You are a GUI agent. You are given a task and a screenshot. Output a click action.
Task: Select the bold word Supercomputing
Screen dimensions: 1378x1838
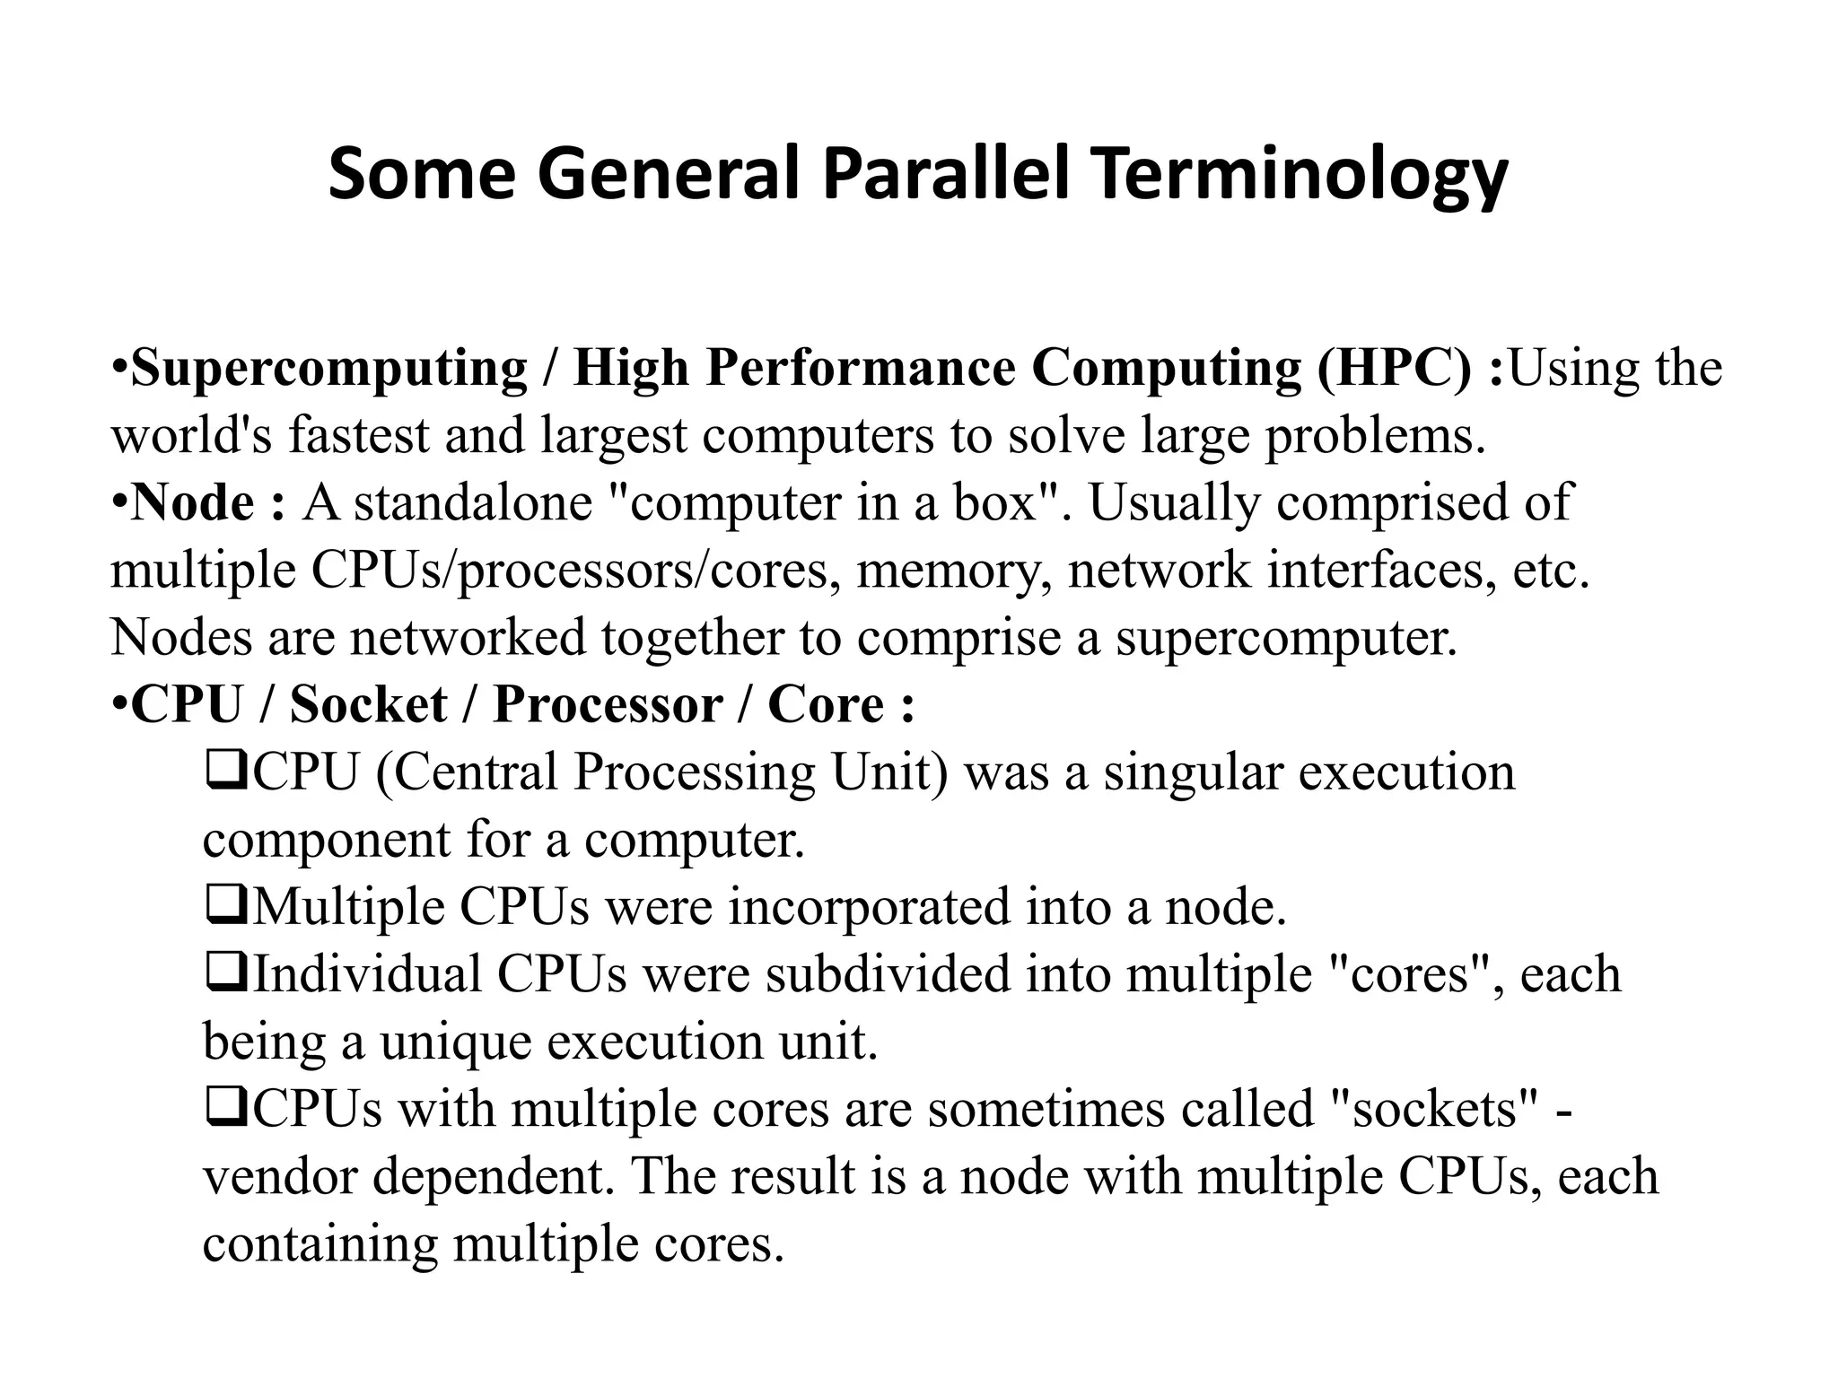[329, 368]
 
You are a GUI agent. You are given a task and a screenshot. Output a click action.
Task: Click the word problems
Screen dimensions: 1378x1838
[1375, 437]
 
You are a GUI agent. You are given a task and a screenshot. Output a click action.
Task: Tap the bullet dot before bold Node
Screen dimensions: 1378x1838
[119, 502]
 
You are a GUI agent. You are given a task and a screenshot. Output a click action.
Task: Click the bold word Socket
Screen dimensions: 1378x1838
[368, 704]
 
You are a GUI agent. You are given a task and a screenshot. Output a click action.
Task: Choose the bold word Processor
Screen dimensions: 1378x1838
[608, 704]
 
